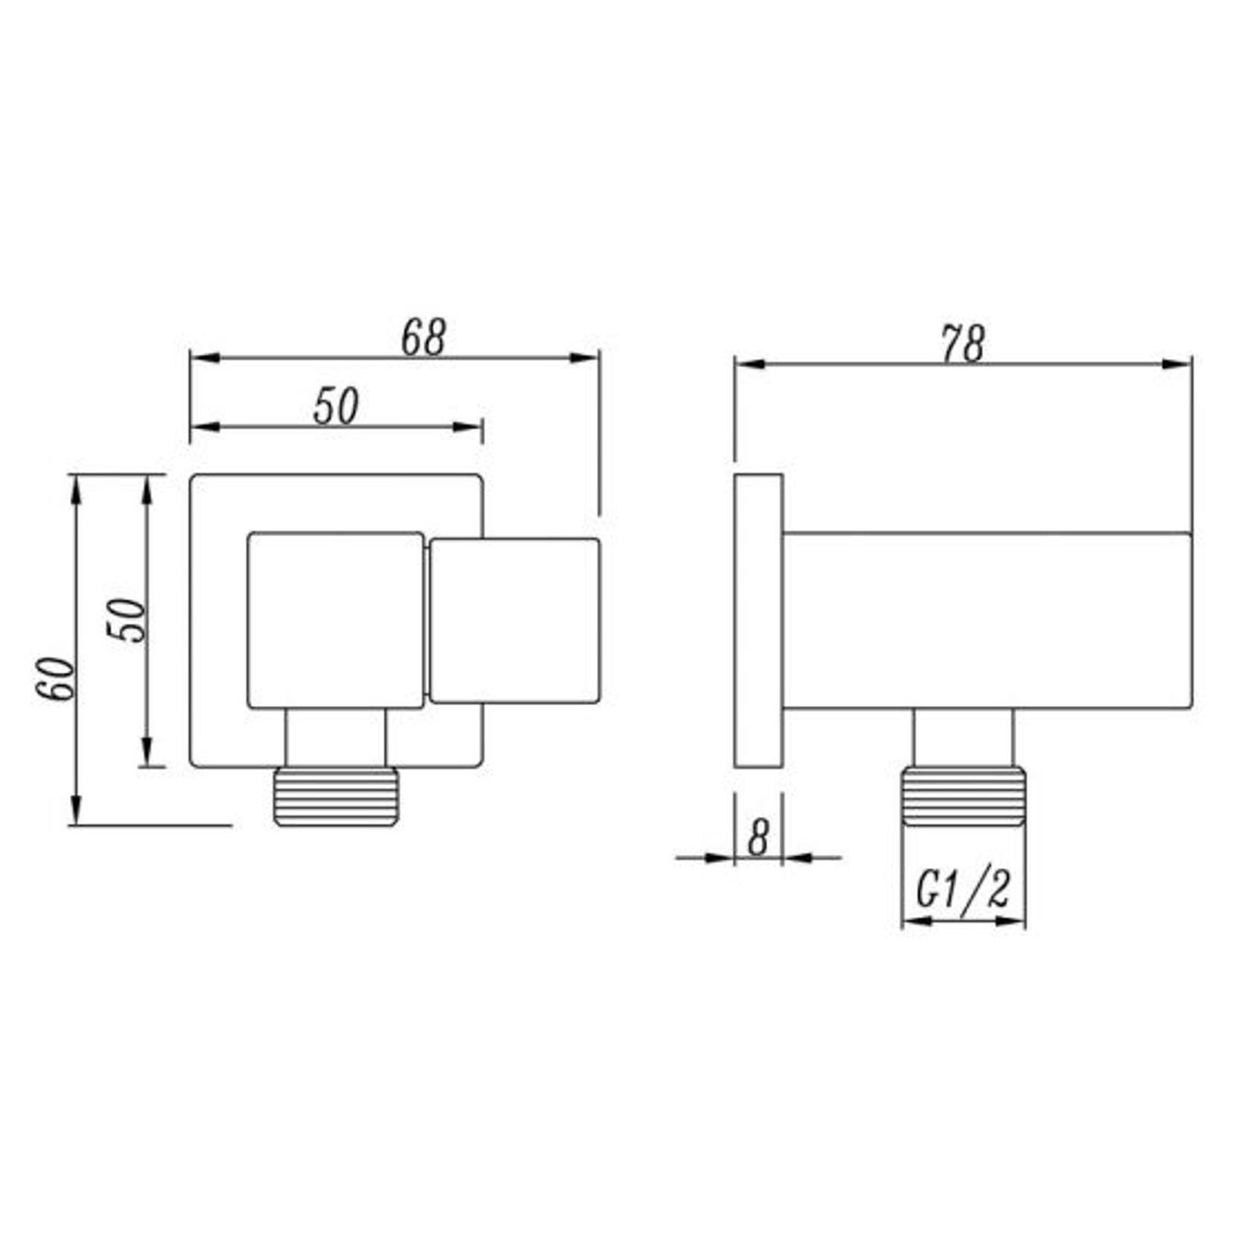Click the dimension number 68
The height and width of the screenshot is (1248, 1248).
423,339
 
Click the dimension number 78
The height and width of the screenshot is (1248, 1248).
962,345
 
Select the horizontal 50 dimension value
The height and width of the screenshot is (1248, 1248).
335,407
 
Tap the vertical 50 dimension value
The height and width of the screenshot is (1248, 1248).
127,620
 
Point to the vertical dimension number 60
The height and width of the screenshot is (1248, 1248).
57,678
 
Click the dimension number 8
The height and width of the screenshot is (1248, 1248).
758,838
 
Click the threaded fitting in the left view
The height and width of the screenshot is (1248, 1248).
336,797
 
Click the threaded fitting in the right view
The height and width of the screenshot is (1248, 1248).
963,797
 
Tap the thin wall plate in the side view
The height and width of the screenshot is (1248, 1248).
758,620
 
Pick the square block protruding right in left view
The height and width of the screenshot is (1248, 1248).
515,620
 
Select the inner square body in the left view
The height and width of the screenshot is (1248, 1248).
335,620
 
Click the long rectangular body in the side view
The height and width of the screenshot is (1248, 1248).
987,620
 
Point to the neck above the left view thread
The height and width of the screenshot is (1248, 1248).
336,737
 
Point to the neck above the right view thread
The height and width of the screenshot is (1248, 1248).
963,737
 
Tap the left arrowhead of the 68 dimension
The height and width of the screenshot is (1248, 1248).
204,357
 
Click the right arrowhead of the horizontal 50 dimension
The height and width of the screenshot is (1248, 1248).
468,427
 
